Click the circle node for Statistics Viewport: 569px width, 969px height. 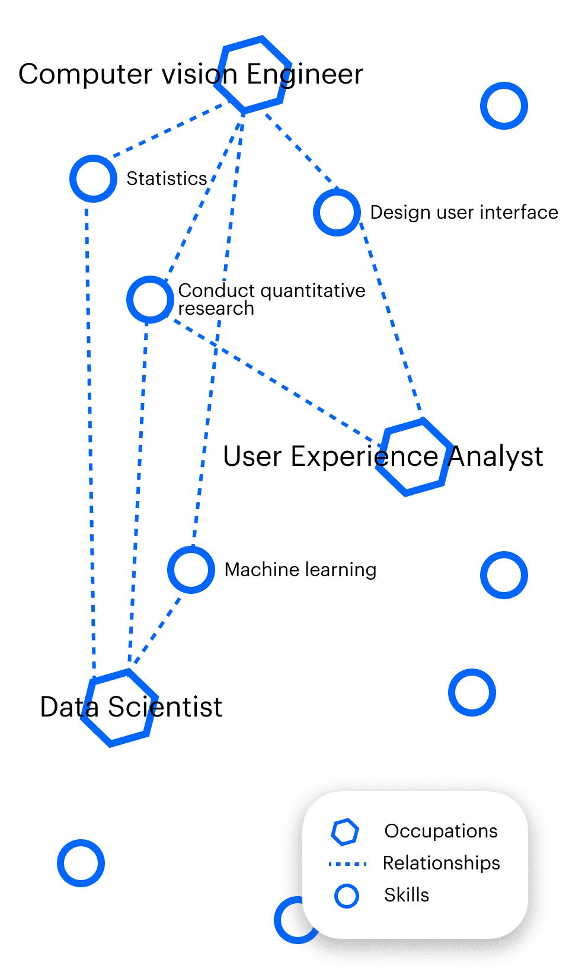pyautogui.click(x=93, y=178)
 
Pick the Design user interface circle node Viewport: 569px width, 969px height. pyautogui.click(x=337, y=212)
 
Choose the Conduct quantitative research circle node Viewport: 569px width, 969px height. pyautogui.click(x=150, y=299)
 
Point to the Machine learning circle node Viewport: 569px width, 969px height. pyautogui.click(x=191, y=570)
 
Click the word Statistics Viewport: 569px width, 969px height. pyautogui.click(x=167, y=178)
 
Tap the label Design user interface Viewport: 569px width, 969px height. pyautogui.click(x=463, y=212)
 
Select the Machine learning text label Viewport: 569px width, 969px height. pyautogui.click(x=300, y=570)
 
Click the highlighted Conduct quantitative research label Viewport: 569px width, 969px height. pyautogui.click(x=272, y=298)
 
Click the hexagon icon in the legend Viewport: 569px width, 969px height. pyautogui.click(x=345, y=832)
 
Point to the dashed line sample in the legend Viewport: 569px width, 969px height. pyautogui.click(x=347, y=864)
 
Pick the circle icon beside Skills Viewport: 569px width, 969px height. pyautogui.click(x=346, y=896)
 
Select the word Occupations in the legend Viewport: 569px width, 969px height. pyautogui.click(x=440, y=831)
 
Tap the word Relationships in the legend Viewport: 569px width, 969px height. pyautogui.click(x=441, y=863)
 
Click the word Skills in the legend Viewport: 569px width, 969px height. pyautogui.click(x=406, y=895)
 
